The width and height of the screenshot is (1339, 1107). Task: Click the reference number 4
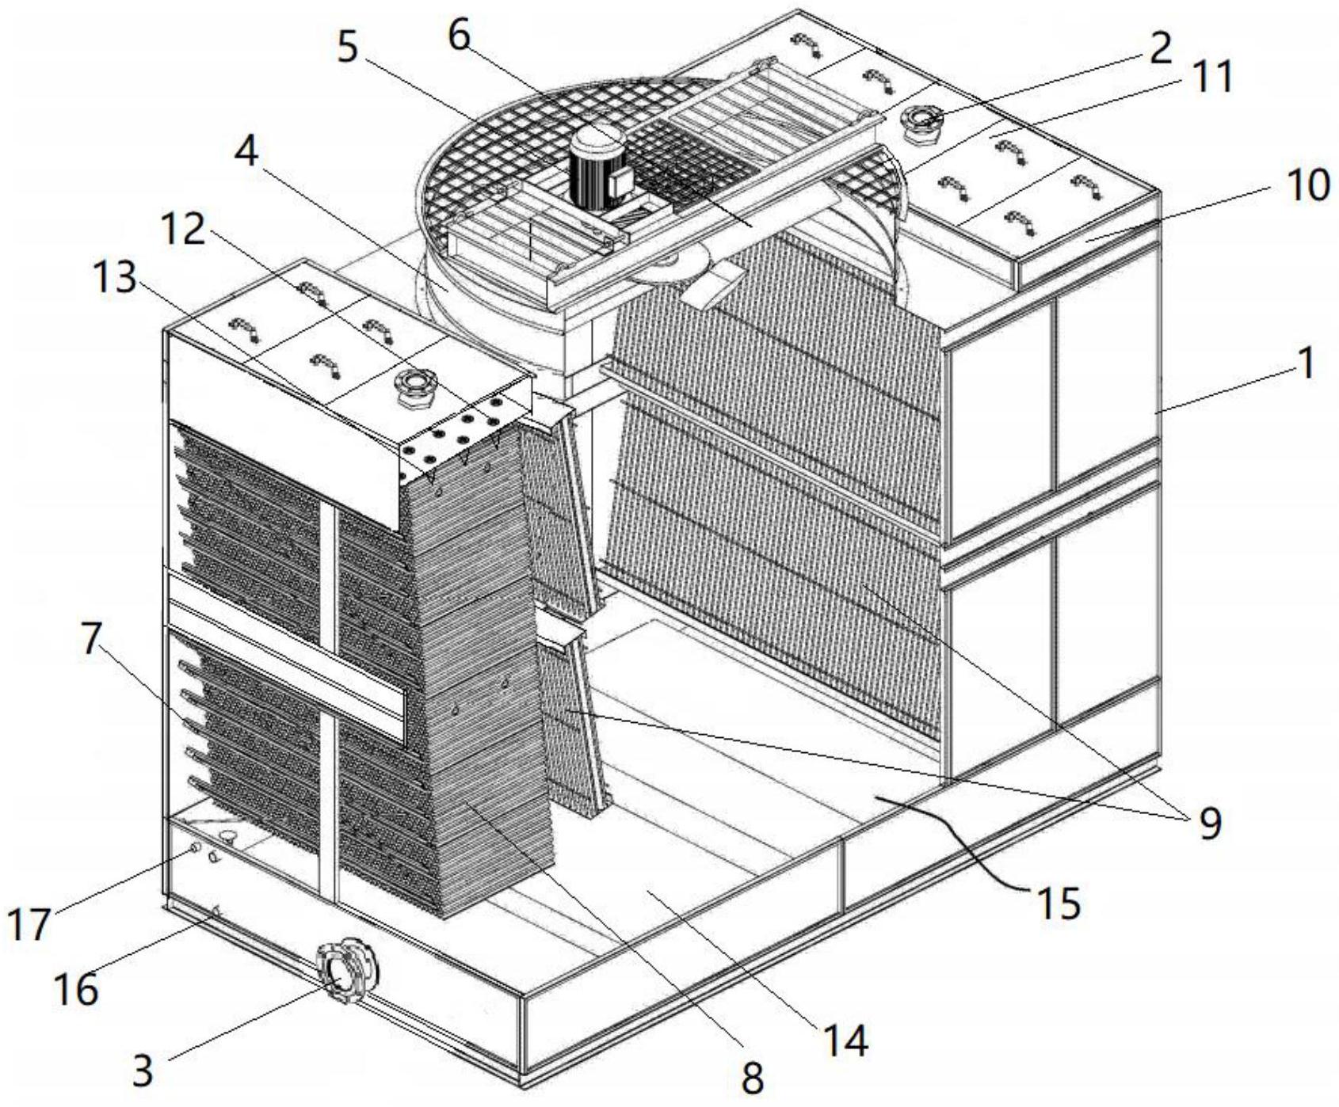[x=246, y=150]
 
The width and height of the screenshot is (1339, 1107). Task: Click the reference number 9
[x=1207, y=824]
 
